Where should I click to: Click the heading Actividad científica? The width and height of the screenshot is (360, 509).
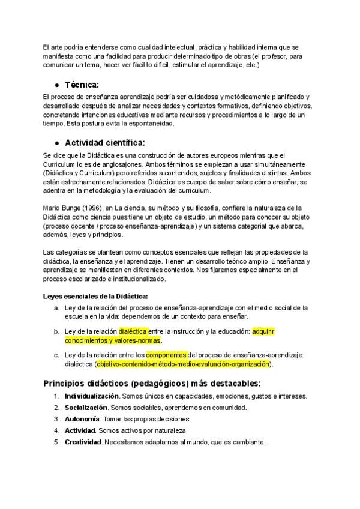point(105,143)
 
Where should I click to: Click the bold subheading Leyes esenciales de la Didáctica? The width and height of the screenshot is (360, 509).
point(95,296)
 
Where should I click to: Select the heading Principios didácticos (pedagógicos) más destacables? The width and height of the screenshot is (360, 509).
point(152,384)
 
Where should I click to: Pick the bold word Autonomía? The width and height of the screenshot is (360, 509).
point(82,419)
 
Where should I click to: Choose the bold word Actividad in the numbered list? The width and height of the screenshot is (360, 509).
point(80,430)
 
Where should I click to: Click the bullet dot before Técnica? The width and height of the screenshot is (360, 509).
point(56,85)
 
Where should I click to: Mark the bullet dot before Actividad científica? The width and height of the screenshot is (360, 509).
point(56,143)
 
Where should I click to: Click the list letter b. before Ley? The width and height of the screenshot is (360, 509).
point(56,331)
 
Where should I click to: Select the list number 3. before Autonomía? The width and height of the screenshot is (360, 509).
point(56,419)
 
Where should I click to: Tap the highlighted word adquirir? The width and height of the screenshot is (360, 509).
point(263,331)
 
